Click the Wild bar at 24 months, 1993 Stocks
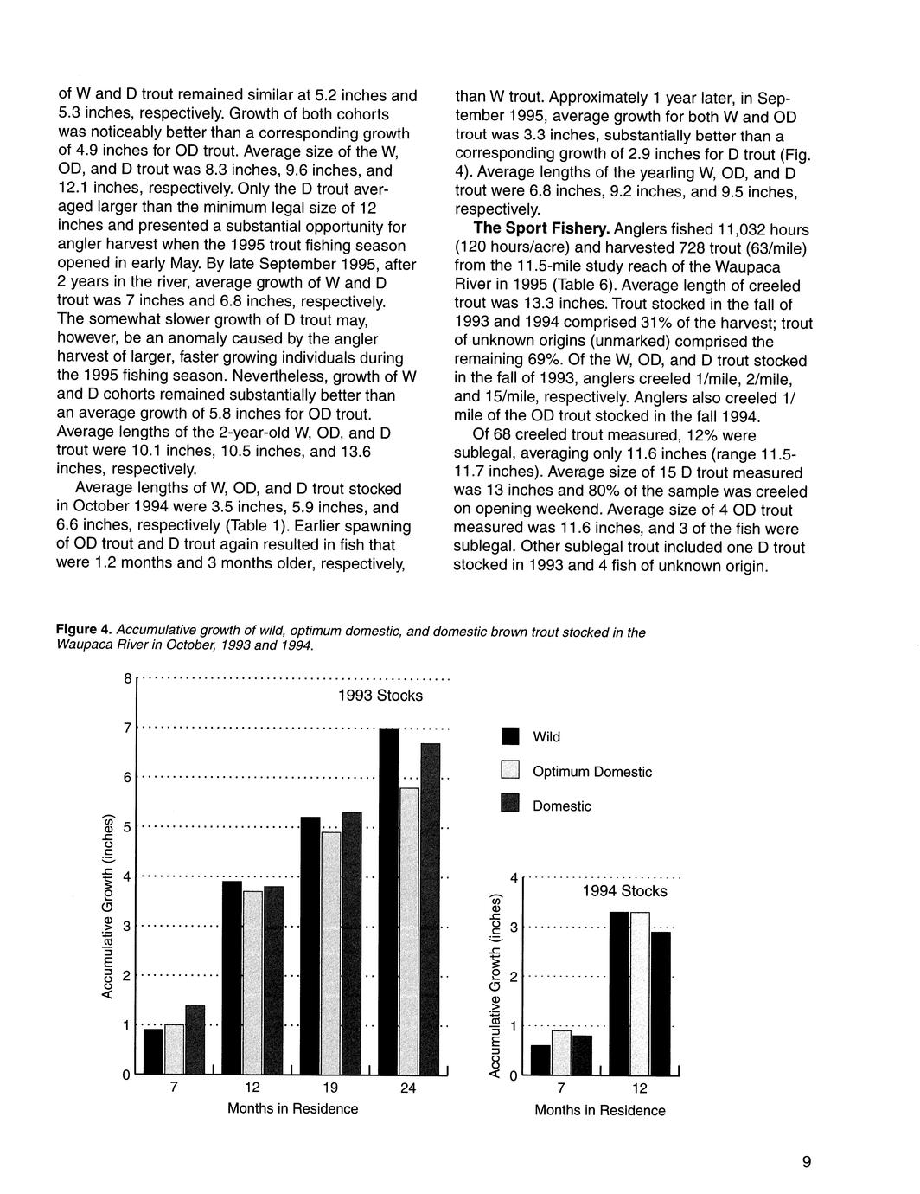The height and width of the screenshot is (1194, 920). pyautogui.click(x=389, y=900)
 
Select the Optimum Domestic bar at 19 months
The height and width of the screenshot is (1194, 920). pyautogui.click(x=331, y=952)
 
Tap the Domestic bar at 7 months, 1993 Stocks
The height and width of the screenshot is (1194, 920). pyautogui.click(x=195, y=1038)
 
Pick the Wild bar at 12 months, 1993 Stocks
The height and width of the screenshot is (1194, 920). pyautogui.click(x=232, y=977)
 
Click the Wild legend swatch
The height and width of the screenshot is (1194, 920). pyautogui.click(x=511, y=737)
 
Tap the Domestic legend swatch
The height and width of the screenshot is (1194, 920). pyautogui.click(x=511, y=806)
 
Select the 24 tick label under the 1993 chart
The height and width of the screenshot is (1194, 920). pyautogui.click(x=408, y=1088)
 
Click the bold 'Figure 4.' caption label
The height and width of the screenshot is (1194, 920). pyautogui.click(x=85, y=631)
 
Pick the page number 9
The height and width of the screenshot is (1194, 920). pyautogui.click(x=806, y=1162)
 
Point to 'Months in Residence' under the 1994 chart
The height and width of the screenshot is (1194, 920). pyautogui.click(x=600, y=1110)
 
